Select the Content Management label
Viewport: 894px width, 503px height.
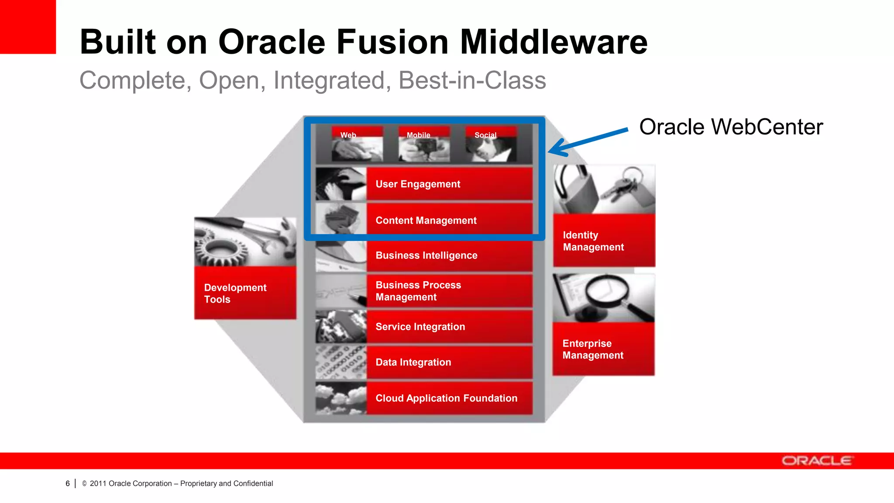[x=426, y=220]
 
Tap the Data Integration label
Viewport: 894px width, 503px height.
[x=413, y=362]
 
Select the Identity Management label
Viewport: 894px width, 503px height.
[x=593, y=241]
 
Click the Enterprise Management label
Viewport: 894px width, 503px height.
[x=592, y=349]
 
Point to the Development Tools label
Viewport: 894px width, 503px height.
[x=235, y=293]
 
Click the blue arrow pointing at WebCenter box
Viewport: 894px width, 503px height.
[x=588, y=141]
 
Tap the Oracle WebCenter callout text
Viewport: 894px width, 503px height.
[x=731, y=127]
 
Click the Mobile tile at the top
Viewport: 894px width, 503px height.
[x=424, y=145]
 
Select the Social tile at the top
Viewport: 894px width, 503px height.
[x=491, y=145]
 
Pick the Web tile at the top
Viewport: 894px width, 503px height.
[x=357, y=145]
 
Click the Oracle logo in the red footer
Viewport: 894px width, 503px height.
[x=816, y=461]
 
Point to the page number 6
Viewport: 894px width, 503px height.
[x=68, y=483]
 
